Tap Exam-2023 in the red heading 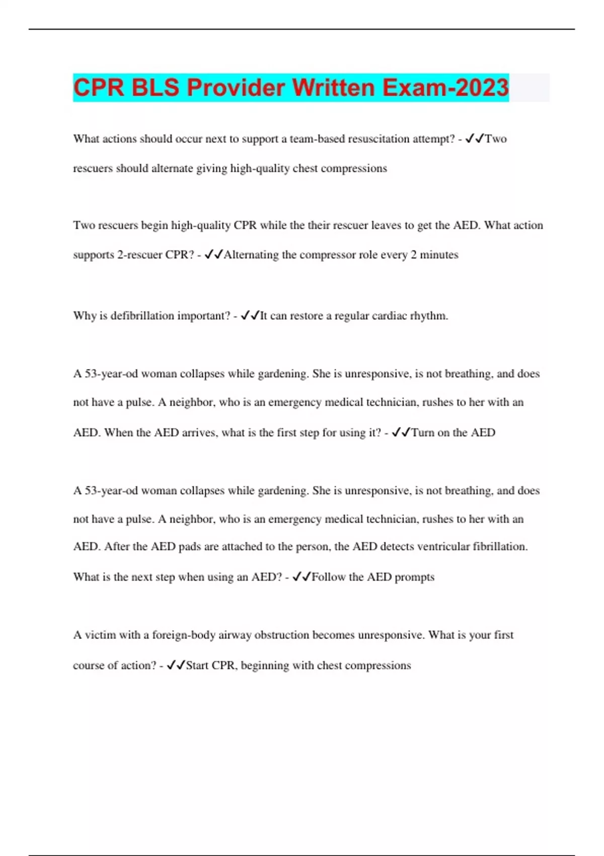[x=445, y=88]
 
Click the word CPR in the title [x=99, y=88]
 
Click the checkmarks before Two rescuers [x=475, y=138]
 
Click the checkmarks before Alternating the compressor [x=214, y=255]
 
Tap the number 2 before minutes [x=413, y=255]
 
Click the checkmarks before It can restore [x=250, y=316]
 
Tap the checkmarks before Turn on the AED [x=401, y=433]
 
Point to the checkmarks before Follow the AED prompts [x=301, y=577]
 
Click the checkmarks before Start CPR [x=176, y=666]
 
